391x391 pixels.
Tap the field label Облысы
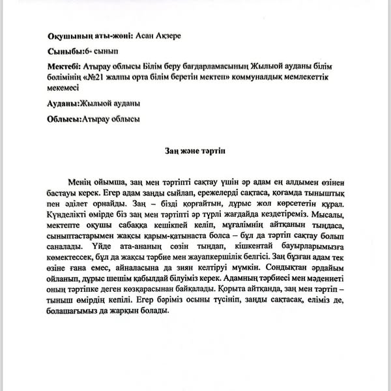coord(64,119)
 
